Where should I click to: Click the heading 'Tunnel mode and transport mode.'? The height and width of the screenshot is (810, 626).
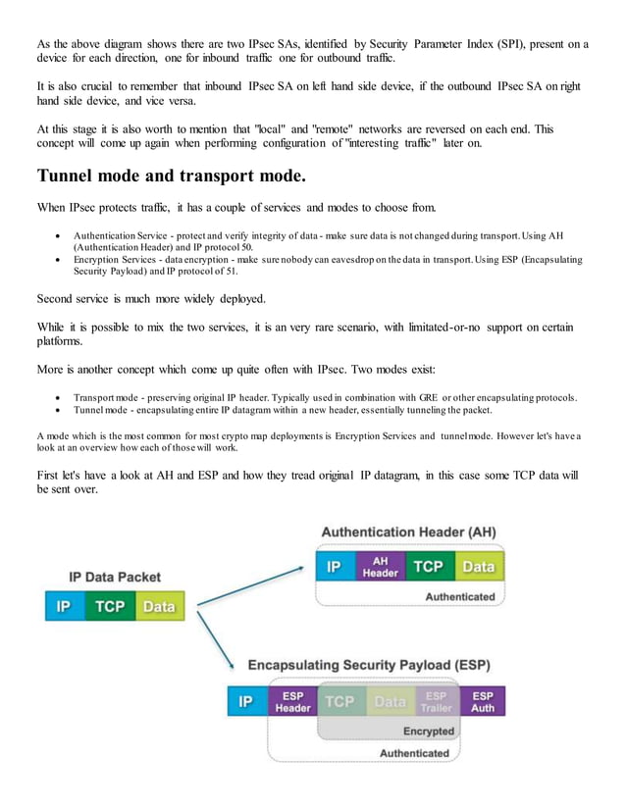point(171,177)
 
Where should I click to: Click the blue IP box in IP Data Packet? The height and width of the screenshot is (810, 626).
point(63,607)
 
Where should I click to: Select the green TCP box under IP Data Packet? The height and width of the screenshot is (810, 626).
point(109,607)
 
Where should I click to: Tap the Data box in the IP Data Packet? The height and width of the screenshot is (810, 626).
point(159,607)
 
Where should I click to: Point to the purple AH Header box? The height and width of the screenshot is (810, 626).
point(380,567)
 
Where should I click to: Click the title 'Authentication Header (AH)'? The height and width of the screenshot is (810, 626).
point(408,532)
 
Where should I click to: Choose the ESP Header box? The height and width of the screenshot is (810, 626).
point(292,702)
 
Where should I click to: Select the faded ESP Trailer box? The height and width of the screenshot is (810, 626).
point(436,702)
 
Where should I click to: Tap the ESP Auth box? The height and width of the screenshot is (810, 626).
point(483,702)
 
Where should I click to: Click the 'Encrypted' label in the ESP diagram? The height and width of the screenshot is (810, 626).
point(429,732)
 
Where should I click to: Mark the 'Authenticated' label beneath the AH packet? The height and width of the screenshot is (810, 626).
point(460,595)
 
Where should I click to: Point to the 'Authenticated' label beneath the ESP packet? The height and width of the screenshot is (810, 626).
point(414,753)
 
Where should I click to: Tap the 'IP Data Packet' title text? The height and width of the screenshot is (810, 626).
point(115,578)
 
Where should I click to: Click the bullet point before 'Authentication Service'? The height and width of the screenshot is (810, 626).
point(61,236)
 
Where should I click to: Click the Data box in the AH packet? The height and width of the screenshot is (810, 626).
point(478,567)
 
